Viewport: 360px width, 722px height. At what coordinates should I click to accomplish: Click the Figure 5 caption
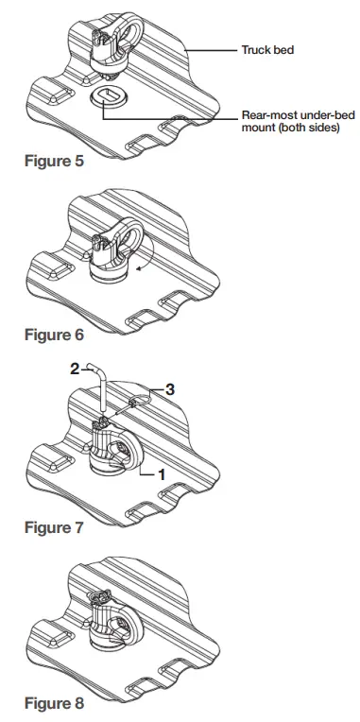click(x=54, y=161)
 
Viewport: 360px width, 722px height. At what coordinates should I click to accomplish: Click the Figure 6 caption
click(x=54, y=335)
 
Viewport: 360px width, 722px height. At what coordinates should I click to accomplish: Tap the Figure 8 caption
click(x=54, y=703)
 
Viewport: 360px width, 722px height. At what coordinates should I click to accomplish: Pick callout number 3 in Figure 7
click(x=171, y=387)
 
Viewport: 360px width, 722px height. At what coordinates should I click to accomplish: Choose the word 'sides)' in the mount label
click(x=320, y=128)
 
